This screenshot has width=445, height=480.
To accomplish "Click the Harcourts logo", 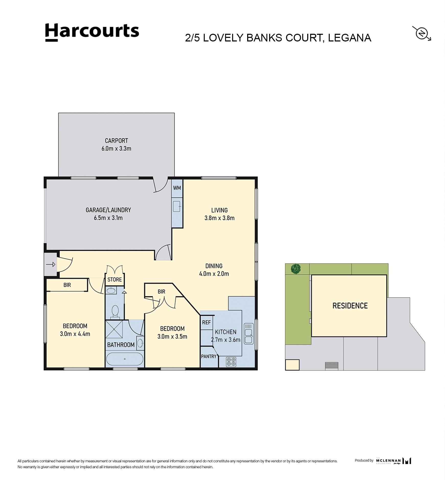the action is point(92,32).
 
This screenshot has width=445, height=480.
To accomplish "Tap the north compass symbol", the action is point(421,34).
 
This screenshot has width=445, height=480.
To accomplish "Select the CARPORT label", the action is point(116,140).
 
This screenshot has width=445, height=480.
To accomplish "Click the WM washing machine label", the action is point(177,188).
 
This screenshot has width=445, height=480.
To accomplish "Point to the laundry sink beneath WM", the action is point(177,206).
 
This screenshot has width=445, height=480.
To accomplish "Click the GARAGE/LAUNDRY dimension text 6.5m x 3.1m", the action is point(108,218).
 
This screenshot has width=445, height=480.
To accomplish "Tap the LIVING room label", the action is point(219,210).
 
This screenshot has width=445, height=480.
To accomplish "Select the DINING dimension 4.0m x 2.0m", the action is point(214,274).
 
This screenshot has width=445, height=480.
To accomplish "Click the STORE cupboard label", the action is point(115,279).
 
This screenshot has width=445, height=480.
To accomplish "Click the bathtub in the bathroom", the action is point(125,359).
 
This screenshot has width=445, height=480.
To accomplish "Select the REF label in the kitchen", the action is point(207,322).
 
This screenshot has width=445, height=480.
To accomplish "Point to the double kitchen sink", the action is point(248,333).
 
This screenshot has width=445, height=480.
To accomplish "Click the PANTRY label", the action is point(209,356).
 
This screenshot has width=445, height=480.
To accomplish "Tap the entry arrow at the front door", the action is point(51,264).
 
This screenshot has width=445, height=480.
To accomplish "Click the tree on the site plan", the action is point(296,269).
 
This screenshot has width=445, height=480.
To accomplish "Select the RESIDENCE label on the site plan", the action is point(350,306).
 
